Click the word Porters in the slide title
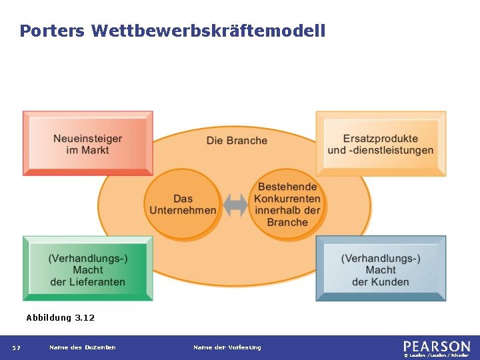coord(52,31)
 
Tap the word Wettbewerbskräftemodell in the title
coord(208,31)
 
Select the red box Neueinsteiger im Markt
coord(87,143)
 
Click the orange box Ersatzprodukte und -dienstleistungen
coord(381,143)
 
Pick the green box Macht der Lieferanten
coord(87,269)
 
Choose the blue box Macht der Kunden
coord(381,269)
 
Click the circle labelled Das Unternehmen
coord(183,204)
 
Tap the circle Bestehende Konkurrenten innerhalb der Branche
coord(287,204)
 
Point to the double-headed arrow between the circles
coord(235,205)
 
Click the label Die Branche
coord(237,141)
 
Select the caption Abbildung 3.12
coord(60,318)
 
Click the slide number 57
coord(16,347)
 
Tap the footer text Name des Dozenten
coord(82,347)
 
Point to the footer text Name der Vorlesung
coord(227,347)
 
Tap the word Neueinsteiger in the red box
coord(87,139)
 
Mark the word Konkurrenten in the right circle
coord(287,199)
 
